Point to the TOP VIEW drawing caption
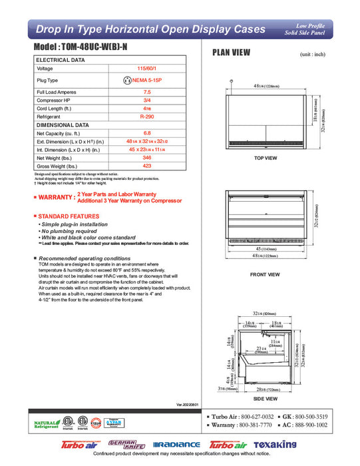coord(266,158)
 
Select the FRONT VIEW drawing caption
coord(266,274)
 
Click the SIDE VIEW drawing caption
coord(266,399)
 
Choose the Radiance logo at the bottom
coord(176,445)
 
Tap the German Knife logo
coord(125,444)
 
